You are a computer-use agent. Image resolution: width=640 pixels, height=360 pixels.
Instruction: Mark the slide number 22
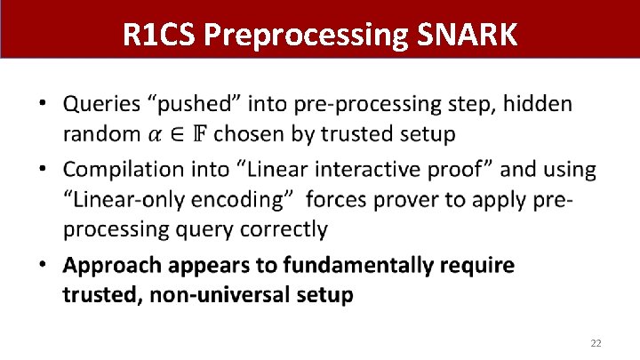coord(596,342)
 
